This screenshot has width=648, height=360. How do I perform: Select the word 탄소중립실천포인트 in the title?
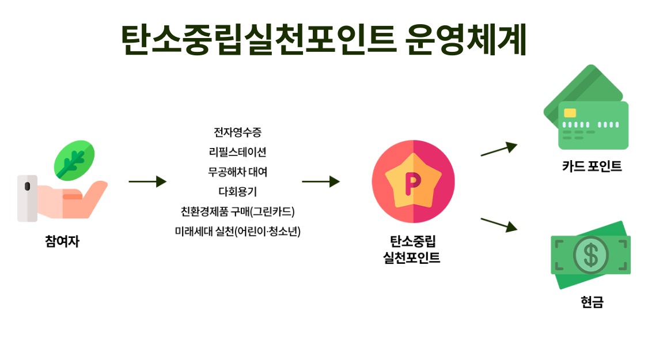point(259,40)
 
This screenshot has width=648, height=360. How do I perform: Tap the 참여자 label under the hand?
point(62,241)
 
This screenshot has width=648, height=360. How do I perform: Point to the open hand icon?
point(75,199)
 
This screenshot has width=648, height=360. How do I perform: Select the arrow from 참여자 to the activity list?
point(147,181)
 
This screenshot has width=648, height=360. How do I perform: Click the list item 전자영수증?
point(237,132)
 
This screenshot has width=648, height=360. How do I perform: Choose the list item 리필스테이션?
point(237,152)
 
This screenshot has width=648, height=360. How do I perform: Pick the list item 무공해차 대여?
point(237,172)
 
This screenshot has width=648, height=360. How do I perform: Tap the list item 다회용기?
point(237,191)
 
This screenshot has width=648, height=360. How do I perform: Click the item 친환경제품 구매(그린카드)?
point(237,211)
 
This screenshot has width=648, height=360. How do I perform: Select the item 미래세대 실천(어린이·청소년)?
point(237,231)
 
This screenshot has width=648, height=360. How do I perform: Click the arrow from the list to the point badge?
point(320,181)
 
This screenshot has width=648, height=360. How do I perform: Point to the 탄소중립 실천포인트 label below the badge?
point(412,249)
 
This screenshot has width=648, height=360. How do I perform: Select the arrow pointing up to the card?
point(499,149)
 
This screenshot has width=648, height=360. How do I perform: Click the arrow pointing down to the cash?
point(499,225)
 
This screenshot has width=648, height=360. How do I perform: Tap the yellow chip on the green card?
point(570,113)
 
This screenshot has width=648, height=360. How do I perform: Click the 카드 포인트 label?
point(592,167)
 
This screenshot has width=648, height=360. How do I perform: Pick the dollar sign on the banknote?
point(590,255)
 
